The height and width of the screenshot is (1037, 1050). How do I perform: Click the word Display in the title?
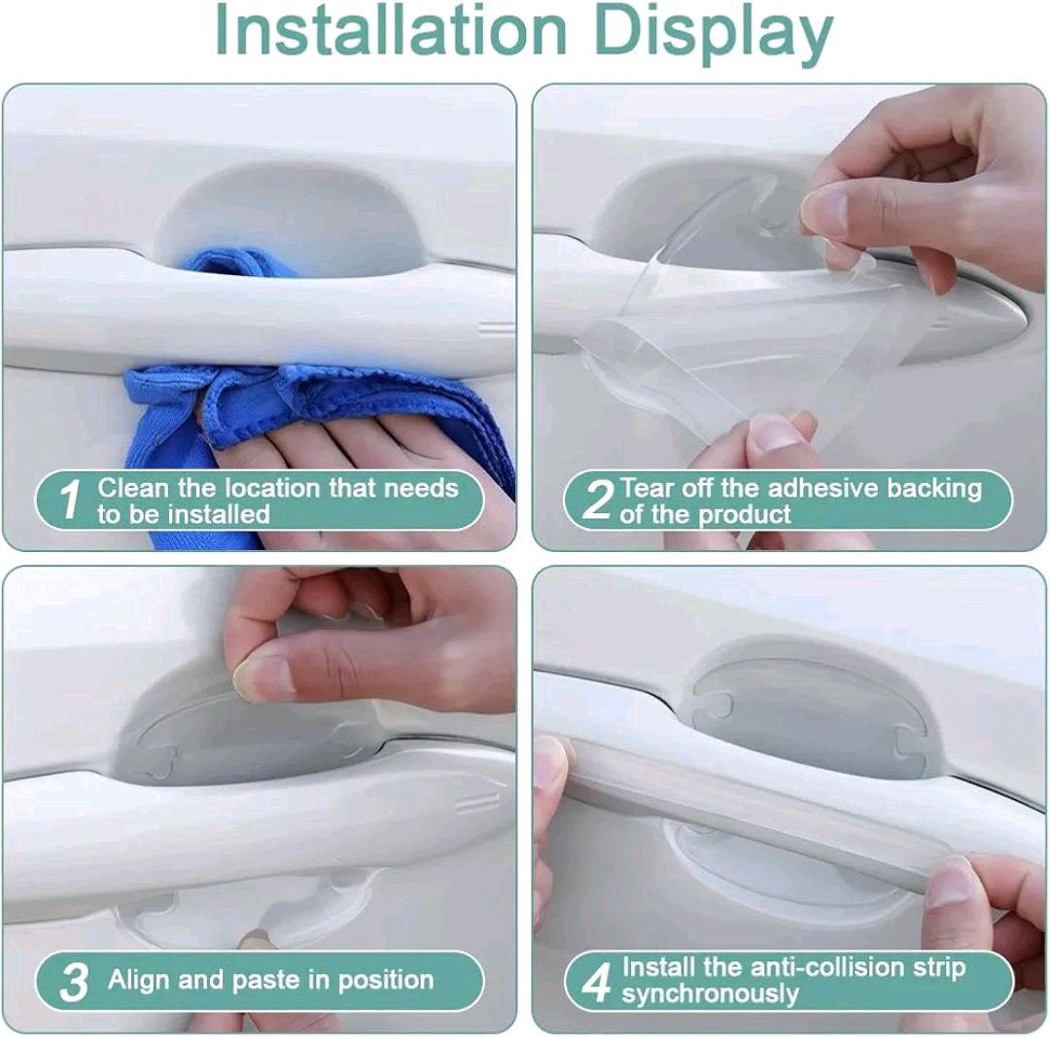click(715, 31)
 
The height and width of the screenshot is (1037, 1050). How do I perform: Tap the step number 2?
click(596, 500)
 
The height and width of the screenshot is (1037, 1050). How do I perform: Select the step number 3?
click(74, 982)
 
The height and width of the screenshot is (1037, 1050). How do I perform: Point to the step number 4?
click(595, 982)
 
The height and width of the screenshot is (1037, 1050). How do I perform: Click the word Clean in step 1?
click(132, 487)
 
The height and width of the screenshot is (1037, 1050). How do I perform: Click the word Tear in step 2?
click(649, 487)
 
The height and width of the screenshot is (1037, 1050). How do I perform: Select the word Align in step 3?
click(140, 979)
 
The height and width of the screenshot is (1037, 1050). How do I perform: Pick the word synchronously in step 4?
click(710, 994)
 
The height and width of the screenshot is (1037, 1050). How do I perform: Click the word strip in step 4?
click(938, 968)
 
